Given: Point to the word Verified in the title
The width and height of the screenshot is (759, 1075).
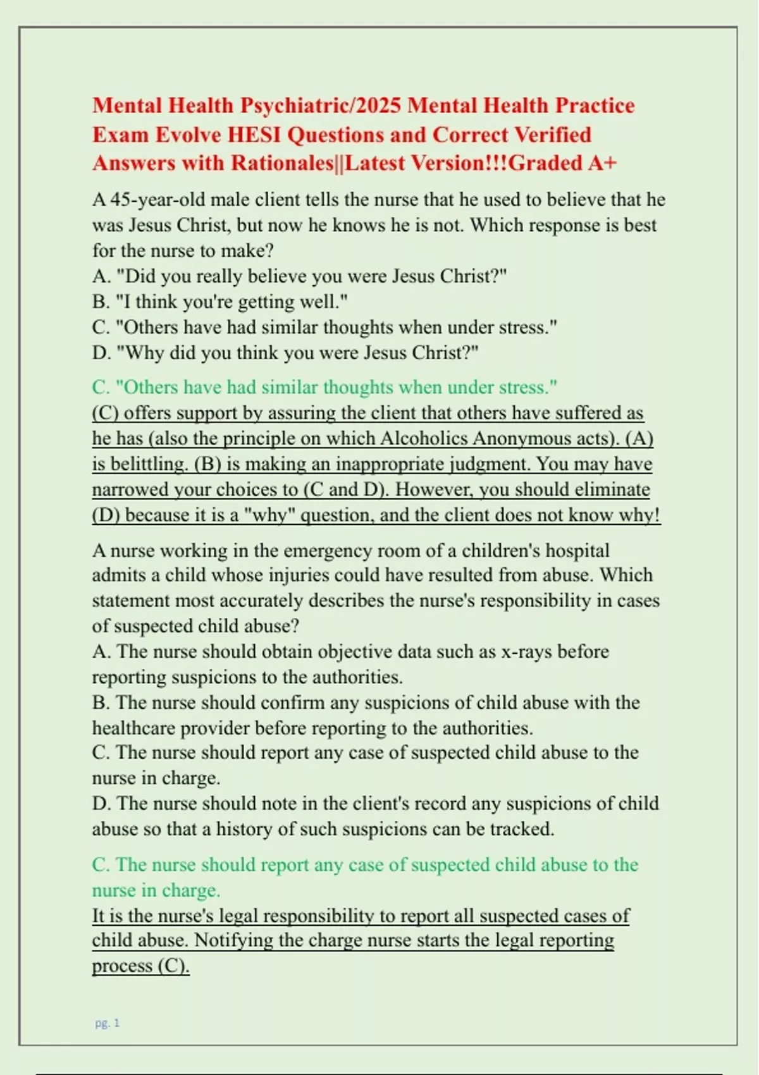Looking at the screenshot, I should pos(552,135).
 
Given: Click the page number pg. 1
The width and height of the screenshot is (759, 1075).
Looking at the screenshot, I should pos(108,1023).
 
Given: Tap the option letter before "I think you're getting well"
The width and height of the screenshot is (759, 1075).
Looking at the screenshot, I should pos(100,302).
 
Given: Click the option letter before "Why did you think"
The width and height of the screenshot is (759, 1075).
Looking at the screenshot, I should pos(100,352).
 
